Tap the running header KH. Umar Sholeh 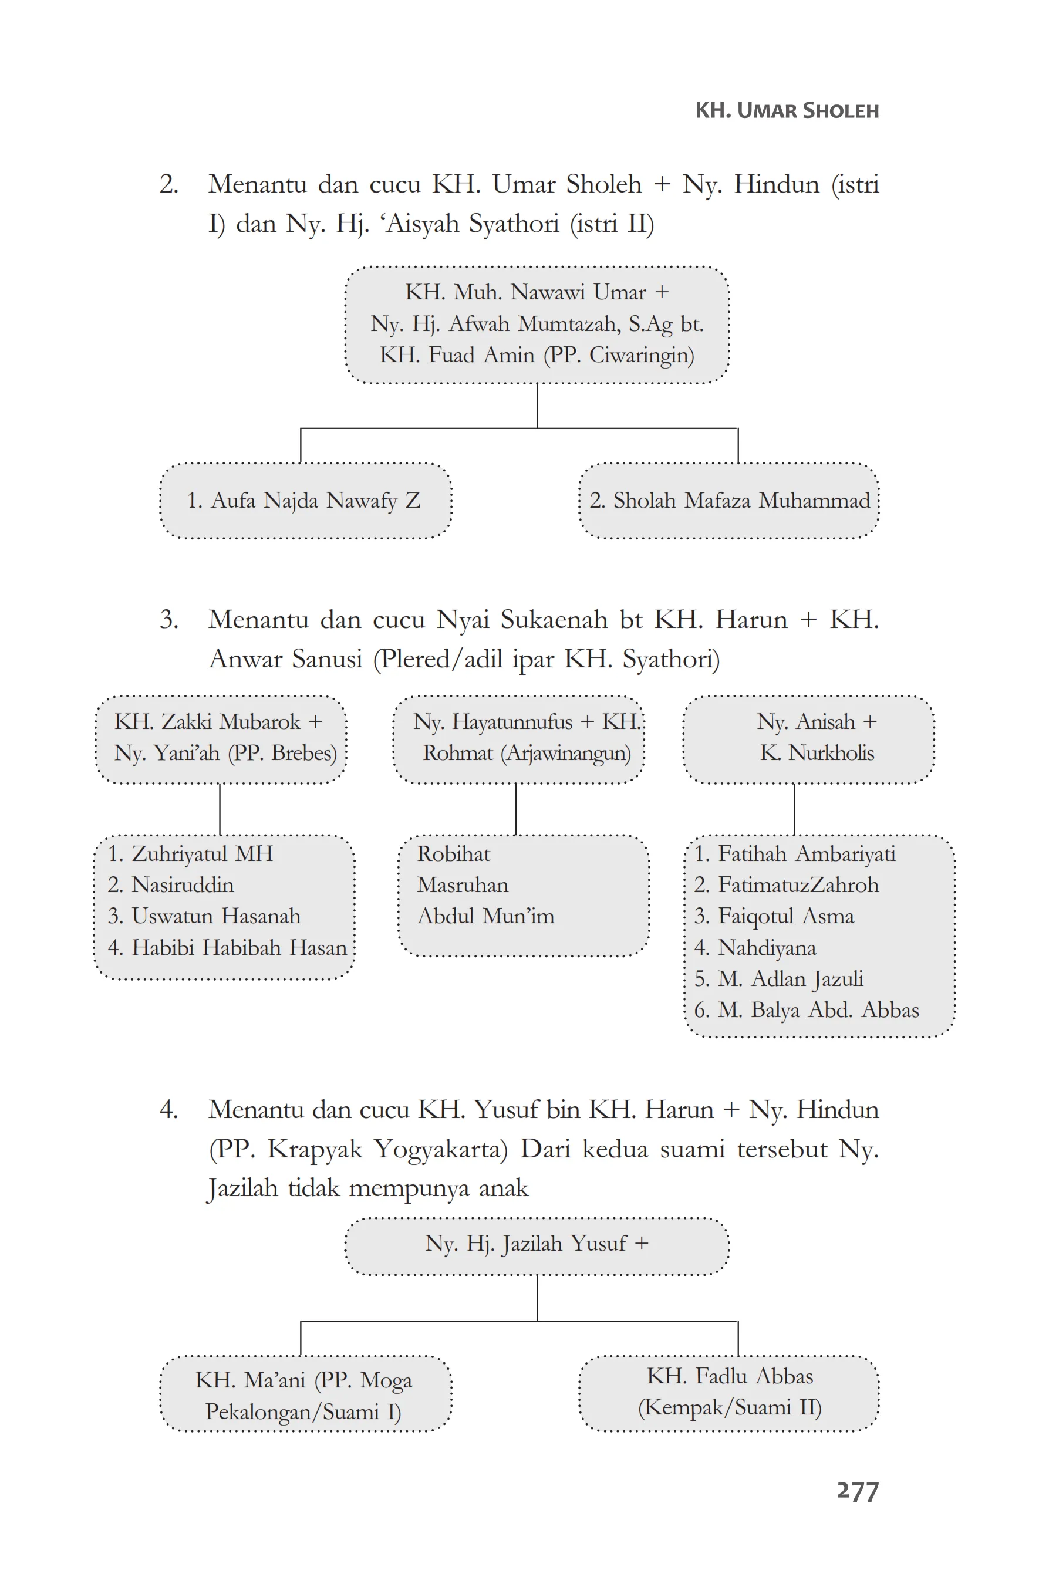point(787,110)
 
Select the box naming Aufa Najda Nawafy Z point(305,500)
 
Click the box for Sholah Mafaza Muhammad point(729,500)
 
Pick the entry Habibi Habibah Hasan point(238,948)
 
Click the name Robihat point(454,854)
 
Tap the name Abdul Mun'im point(485,916)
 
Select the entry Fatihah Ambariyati point(806,854)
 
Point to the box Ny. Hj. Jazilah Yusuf point(537,1244)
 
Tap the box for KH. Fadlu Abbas point(729,1391)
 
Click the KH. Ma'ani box point(305,1394)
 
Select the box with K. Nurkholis point(808,738)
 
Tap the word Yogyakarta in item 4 point(440,1149)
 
